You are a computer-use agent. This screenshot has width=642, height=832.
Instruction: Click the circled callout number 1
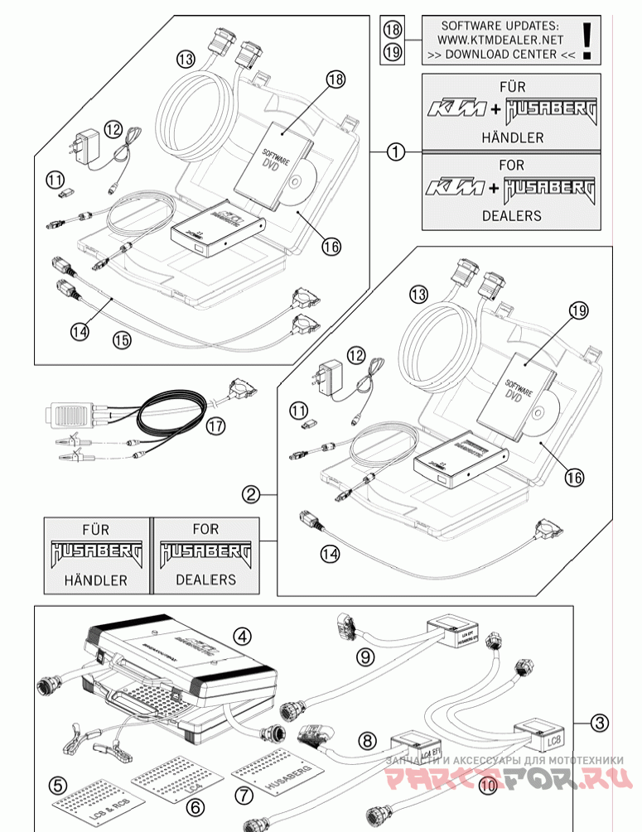397,151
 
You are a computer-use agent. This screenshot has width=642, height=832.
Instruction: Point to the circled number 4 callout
242,636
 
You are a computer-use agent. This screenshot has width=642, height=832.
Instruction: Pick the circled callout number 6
195,805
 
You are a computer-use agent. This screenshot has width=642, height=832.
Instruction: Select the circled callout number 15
121,339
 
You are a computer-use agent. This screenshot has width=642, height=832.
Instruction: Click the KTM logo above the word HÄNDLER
453,109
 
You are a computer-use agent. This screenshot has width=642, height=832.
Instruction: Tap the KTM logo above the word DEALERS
453,188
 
